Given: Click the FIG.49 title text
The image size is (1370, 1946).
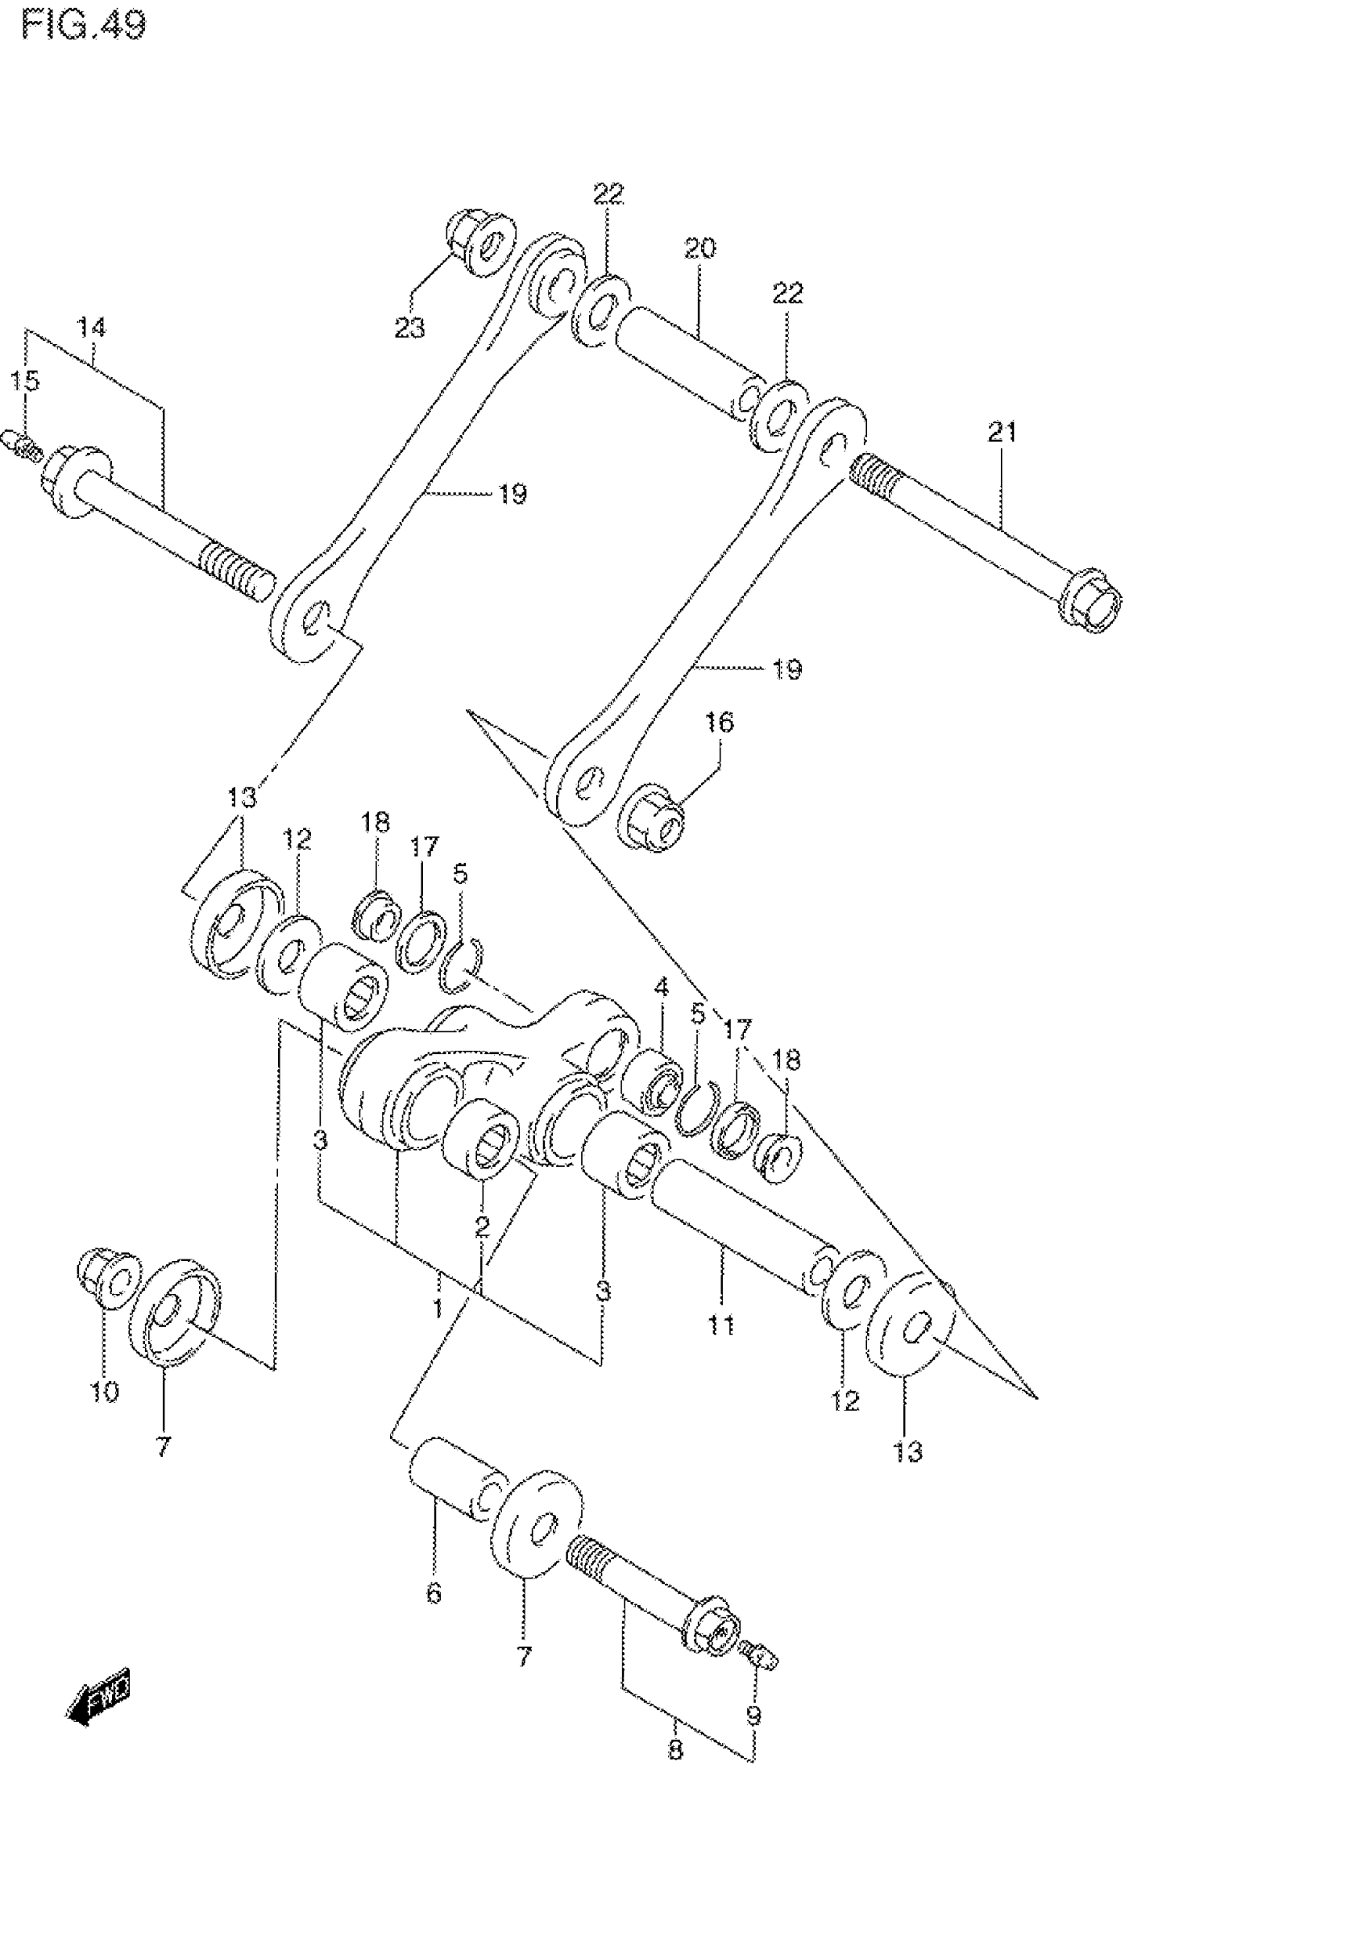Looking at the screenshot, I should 83,25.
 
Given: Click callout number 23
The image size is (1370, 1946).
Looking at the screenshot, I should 410,327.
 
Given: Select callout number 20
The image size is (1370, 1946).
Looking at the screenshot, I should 700,248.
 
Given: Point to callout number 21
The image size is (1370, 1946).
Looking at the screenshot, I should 1001,432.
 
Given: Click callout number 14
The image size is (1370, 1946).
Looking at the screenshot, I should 92,327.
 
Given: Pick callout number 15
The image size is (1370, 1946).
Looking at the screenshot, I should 26,380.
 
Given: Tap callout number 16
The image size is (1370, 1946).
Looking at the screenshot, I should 719,723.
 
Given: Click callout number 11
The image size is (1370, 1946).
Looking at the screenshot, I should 721,1324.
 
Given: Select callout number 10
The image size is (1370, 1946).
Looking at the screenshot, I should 105,1391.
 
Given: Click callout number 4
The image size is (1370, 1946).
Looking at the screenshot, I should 660,987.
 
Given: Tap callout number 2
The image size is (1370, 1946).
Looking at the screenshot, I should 482,1226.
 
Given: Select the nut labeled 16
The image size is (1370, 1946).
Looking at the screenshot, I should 654,820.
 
